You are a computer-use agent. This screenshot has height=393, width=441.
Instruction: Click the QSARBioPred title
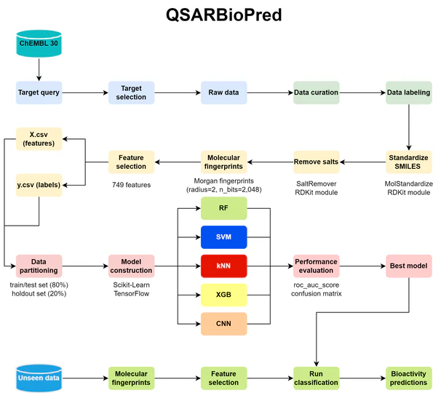[220, 15]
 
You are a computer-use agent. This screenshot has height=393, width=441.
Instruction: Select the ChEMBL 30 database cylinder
[39, 44]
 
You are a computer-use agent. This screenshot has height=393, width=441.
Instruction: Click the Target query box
[39, 92]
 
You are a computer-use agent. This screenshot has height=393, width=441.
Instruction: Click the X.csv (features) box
[39, 139]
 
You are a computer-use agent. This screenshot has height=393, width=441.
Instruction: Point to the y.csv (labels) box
[39, 184]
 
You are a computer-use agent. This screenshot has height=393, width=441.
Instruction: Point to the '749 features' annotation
[131, 185]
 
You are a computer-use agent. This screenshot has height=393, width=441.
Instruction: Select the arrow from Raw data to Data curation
[269, 92]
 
